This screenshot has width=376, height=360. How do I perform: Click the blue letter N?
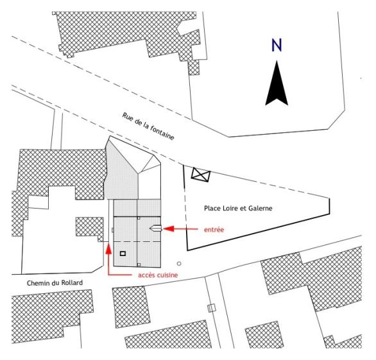click(x=277, y=46)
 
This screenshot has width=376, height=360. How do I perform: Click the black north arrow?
click(x=277, y=84)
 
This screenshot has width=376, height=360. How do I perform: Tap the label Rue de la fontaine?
click(x=148, y=126)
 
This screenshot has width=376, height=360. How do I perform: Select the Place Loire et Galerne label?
click(x=238, y=208)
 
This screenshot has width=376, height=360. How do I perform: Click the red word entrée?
click(x=214, y=230)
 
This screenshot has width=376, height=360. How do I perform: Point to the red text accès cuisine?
click(x=158, y=275)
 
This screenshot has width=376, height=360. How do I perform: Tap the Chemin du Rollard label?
click(x=55, y=283)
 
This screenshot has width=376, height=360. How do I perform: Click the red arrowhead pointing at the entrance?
click(x=169, y=229)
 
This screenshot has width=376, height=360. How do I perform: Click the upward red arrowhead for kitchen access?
click(x=108, y=249)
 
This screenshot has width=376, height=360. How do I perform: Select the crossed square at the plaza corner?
click(x=201, y=175)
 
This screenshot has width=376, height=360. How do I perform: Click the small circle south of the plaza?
click(x=179, y=264)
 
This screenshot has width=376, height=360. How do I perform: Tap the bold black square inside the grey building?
click(x=123, y=253)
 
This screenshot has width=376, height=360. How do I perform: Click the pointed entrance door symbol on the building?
click(x=155, y=228)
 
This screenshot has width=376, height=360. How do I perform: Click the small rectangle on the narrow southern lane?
click(x=211, y=308)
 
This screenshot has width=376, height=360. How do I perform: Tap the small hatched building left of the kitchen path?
click(x=90, y=228)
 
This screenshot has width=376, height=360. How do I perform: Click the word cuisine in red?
click(x=167, y=275)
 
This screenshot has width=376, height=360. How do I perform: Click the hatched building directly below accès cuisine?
click(x=131, y=307)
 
